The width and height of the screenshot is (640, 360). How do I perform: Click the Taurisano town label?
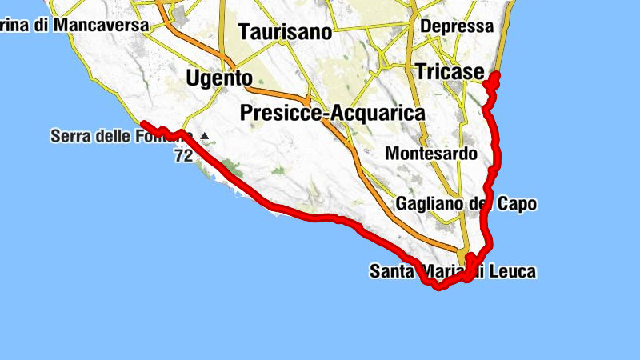coord(285,33)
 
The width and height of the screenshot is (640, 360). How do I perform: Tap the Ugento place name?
coord(218,78)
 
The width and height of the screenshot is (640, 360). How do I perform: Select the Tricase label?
coord(450,72)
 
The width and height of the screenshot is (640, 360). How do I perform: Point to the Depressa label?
coord(457,26)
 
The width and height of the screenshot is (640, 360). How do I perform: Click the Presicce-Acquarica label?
coord(332,114)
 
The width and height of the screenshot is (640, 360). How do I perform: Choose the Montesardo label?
coord(442,153)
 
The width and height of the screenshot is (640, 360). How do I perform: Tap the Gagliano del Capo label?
coord(466,204)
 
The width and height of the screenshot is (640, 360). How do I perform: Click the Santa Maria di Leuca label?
coord(452,272)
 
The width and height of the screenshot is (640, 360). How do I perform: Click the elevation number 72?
coord(182,156)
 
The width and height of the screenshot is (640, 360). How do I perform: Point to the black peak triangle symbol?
coord(205,136)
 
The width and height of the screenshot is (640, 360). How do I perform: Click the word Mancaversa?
coord(101,26)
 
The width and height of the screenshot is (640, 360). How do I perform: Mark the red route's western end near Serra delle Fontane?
coord(142,122)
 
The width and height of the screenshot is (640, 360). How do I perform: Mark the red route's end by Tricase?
coord(495,76)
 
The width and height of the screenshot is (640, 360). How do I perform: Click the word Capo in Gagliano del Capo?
coord(518,204)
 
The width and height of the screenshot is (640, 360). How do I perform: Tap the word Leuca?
coord(514,272)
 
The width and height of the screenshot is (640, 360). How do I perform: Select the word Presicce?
coord(279,114)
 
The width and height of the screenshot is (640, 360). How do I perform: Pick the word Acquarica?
coord(376,114)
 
